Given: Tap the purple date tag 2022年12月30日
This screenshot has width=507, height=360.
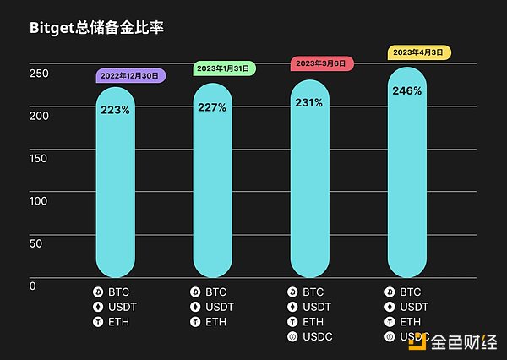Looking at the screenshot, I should click(x=130, y=75).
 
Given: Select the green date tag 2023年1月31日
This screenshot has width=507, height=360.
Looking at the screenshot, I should click(x=223, y=69).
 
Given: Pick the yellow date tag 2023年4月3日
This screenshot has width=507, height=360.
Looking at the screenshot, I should click(x=419, y=52).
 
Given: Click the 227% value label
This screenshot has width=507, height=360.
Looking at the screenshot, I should click(x=211, y=106).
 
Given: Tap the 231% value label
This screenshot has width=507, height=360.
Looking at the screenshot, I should click(x=309, y=103).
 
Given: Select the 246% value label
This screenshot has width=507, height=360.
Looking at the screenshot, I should click(x=407, y=90).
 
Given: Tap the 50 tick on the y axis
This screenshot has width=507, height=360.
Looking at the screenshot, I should click(x=36, y=243).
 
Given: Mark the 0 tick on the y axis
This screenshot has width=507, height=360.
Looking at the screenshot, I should click(x=33, y=286).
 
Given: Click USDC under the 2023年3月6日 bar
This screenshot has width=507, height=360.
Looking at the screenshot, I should click(x=318, y=336).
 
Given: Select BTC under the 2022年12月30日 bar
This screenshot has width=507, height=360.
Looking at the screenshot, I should click(x=119, y=292).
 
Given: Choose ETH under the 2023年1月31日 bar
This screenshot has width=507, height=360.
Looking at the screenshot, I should click(x=216, y=321).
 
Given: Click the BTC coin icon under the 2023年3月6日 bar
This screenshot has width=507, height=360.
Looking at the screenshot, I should click(x=292, y=292).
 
